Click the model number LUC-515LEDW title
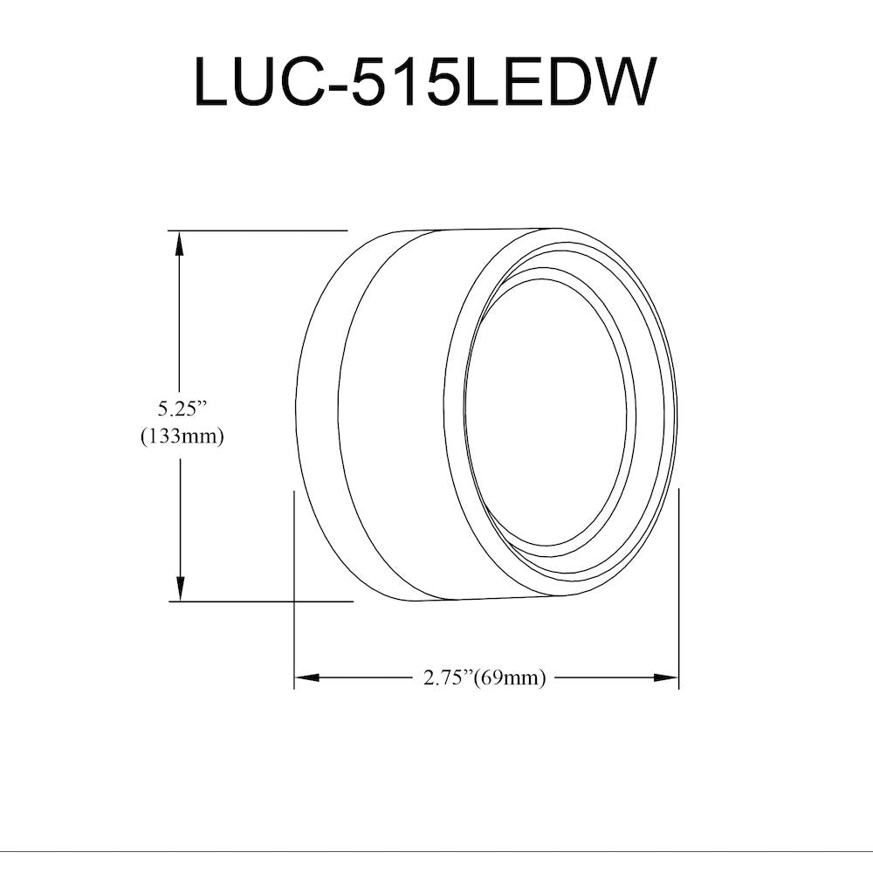(x=423, y=82)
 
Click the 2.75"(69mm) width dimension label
(x=485, y=677)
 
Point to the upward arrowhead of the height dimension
(x=179, y=244)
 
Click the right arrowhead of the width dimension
(x=664, y=677)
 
